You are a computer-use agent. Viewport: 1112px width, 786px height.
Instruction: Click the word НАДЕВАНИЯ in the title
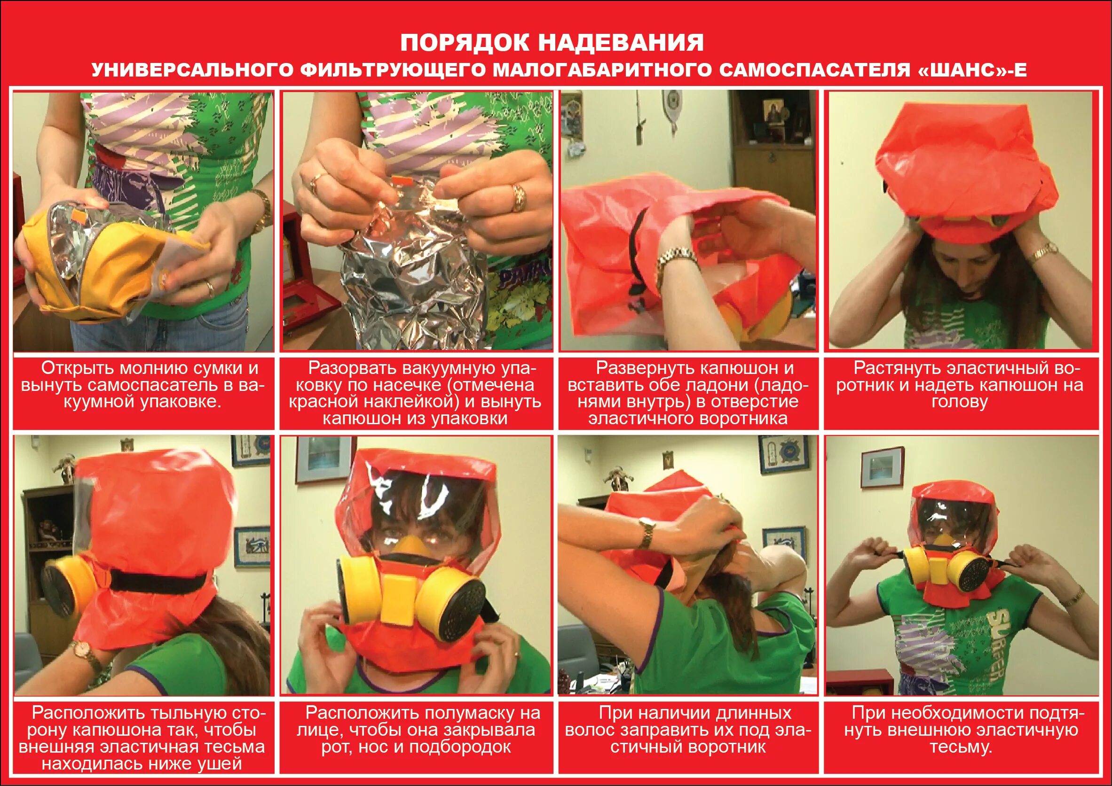(x=621, y=43)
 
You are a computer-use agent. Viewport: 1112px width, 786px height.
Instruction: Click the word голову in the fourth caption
(x=959, y=402)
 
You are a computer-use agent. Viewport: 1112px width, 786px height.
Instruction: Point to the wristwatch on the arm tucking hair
(x=646, y=531)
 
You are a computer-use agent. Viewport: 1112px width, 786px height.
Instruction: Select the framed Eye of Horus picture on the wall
(x=252, y=546)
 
